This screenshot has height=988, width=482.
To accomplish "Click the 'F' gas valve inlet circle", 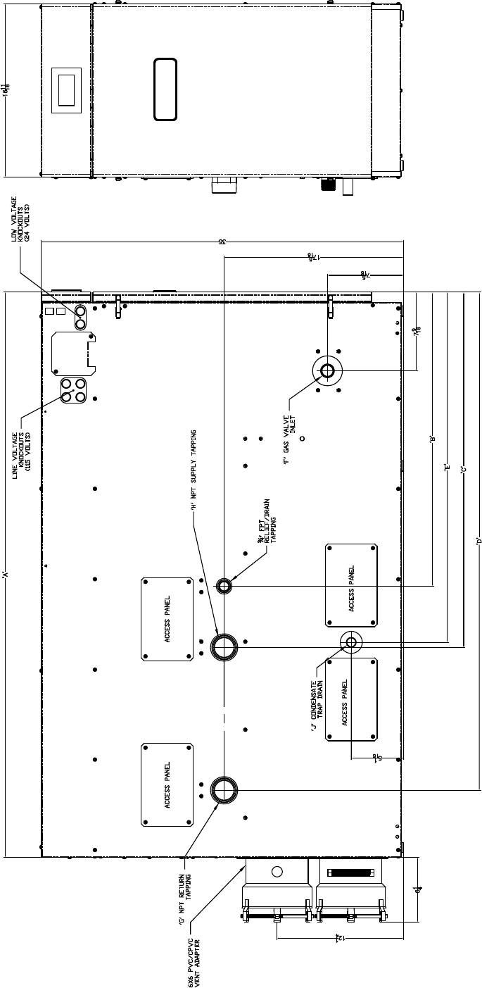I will coord(327,371).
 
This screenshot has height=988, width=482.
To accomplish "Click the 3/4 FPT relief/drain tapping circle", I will coord(224,585).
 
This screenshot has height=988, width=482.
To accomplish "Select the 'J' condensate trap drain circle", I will coord(350,642).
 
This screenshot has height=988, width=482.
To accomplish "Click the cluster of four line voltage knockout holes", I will coord(73,390).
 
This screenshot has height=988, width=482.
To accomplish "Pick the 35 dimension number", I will coord(222,242).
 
